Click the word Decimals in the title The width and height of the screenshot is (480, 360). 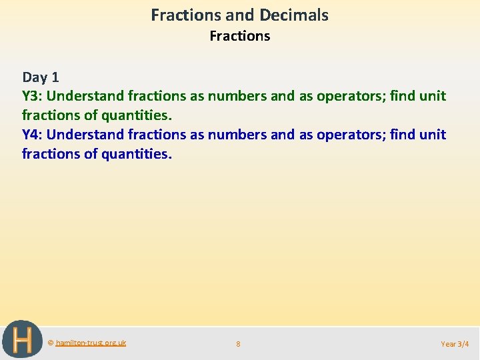pos(295,15)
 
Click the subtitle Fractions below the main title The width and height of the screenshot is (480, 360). pos(239,36)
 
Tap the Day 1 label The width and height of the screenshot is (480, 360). pos(41,77)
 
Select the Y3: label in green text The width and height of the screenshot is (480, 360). pos(33,96)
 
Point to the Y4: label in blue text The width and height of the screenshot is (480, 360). pos(33,135)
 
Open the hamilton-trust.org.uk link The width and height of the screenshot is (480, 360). pos(91,343)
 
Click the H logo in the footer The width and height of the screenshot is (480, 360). pos(22,340)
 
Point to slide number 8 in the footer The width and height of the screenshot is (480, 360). pos(239,344)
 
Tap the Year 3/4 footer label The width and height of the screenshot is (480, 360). pos(455,344)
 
